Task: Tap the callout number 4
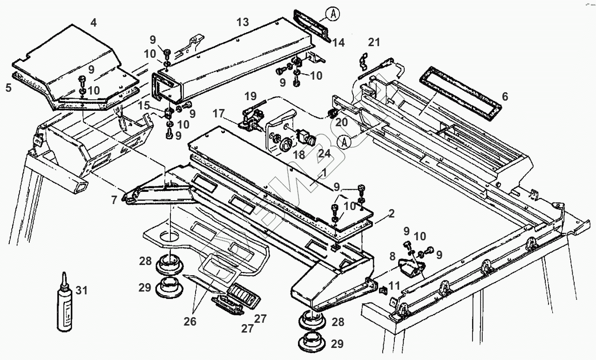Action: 94,22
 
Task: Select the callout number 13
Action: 243,21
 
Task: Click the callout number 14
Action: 339,42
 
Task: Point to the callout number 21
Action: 374,42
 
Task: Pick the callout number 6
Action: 505,97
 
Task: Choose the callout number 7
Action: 114,200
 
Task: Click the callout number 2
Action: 391,214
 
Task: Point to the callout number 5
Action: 9,87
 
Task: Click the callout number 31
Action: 81,291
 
